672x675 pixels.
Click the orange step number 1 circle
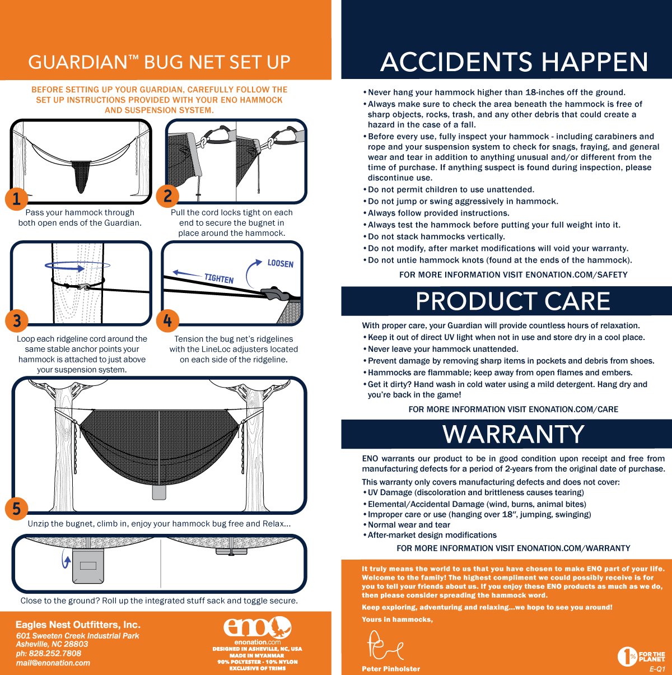(17, 199)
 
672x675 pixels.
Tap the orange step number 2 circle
(167, 196)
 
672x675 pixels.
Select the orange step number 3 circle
(17, 320)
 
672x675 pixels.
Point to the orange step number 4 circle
(167, 320)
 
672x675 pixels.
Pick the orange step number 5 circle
(17, 509)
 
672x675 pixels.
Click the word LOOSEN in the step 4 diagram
(280, 263)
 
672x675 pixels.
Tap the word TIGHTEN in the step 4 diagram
(219, 278)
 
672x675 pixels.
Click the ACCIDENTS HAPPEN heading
(514, 62)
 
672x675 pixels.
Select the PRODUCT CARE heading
(512, 301)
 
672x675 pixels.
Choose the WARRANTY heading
(514, 435)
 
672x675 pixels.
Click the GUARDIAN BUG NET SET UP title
(159, 62)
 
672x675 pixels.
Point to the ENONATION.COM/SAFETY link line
(513, 275)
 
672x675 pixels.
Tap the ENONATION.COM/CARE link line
(513, 409)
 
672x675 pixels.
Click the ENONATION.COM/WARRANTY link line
(513, 548)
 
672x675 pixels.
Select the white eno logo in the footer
(258, 627)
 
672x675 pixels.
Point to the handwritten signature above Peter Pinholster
(384, 645)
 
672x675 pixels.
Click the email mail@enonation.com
(53, 663)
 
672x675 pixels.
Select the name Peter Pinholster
(391, 669)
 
